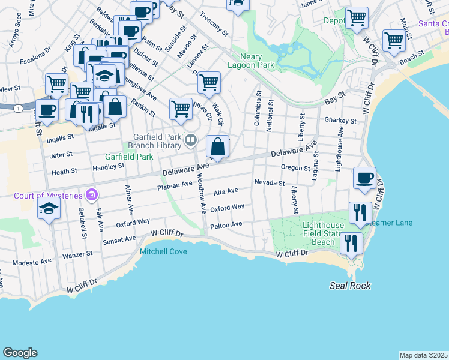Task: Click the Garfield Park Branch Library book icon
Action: [191, 140]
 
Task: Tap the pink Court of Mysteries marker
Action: [91, 194]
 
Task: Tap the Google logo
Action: [20, 353]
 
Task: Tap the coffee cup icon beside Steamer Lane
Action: [365, 178]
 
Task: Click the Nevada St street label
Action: [268, 182]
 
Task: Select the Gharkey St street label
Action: [340, 121]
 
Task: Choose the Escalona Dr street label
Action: [34, 58]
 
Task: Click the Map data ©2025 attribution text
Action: [423, 355]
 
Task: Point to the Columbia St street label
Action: [258, 108]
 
